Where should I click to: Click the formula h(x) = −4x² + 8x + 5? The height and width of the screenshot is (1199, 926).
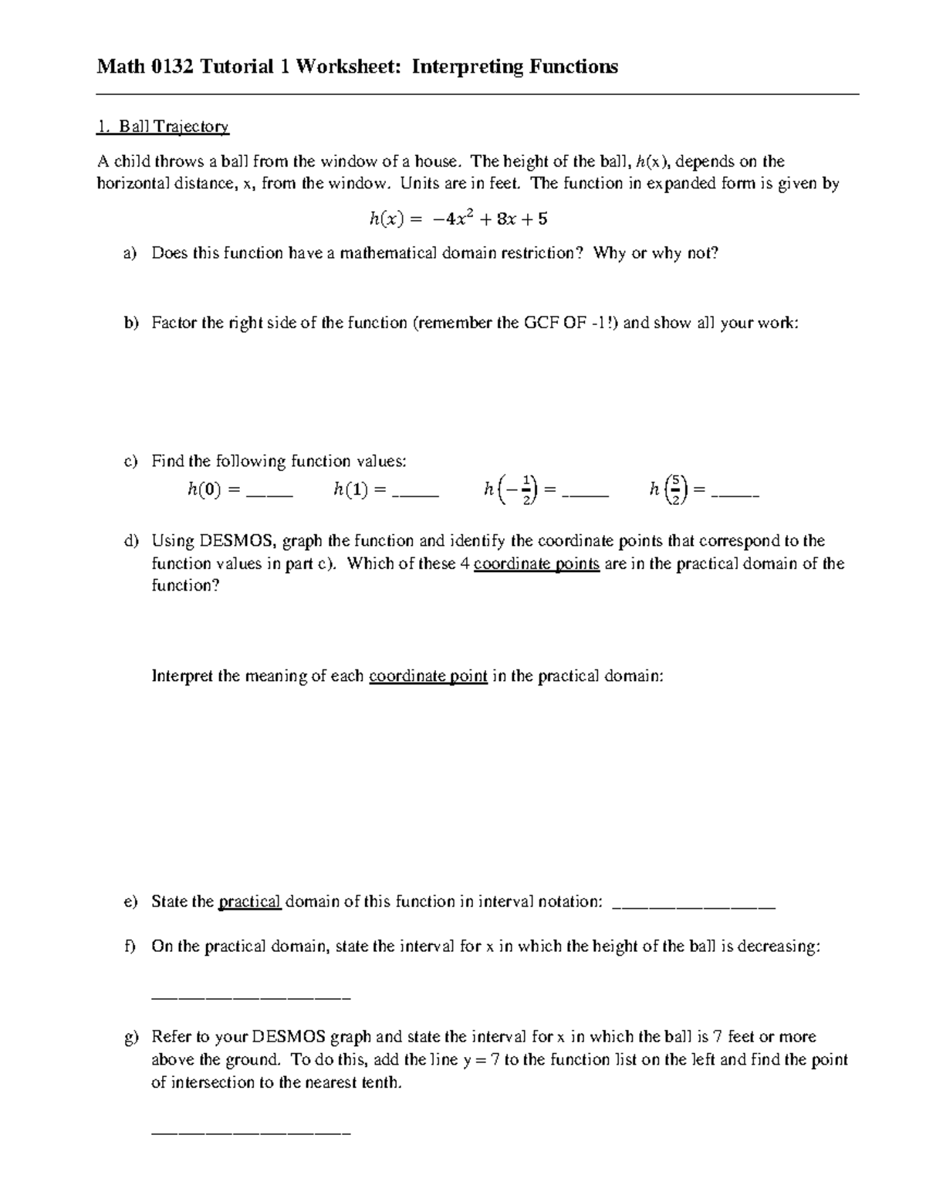(458, 219)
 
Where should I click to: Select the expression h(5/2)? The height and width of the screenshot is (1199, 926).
(669, 489)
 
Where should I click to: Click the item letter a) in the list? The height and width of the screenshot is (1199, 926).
(129, 253)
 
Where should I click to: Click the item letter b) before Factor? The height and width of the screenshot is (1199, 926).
(129, 323)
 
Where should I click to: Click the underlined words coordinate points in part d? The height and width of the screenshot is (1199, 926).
(536, 564)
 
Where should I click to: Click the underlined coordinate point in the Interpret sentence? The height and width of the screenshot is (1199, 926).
(428, 676)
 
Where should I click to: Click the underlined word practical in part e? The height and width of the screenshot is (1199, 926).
(250, 902)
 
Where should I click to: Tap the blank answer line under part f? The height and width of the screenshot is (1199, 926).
(252, 998)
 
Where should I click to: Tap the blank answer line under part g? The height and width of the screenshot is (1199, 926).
(252, 1133)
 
